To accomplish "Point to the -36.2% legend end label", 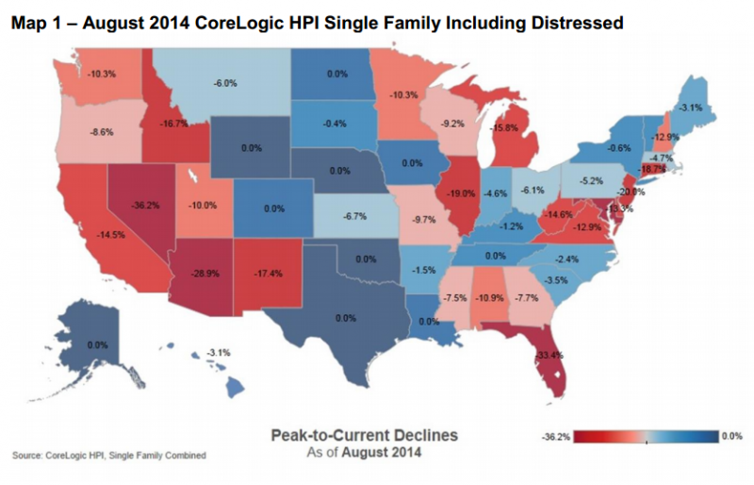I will click(x=557, y=436).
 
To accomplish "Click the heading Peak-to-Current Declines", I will click(x=364, y=435).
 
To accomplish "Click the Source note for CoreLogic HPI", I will click(x=109, y=456).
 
